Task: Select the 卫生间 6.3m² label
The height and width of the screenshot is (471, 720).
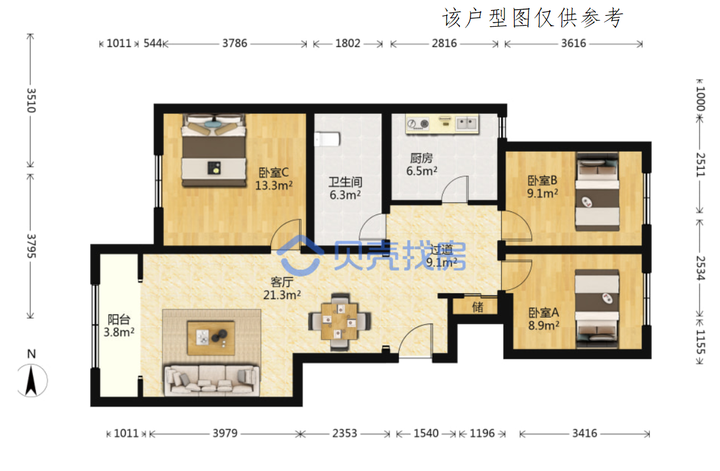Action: pyautogui.click(x=345, y=188)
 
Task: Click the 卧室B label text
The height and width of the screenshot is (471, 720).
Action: pyautogui.click(x=542, y=180)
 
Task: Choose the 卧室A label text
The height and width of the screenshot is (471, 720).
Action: pyautogui.click(x=543, y=313)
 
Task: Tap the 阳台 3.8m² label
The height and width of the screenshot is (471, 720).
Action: pyautogui.click(x=119, y=326)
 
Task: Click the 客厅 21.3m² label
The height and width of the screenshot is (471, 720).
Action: pyautogui.click(x=282, y=289)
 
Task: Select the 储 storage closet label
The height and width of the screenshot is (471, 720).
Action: pyautogui.click(x=478, y=306)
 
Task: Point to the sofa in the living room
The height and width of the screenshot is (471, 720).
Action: pyautogui.click(x=212, y=380)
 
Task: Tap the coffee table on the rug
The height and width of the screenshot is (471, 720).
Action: pyautogui.click(x=211, y=338)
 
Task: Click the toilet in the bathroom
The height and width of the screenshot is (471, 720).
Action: pyautogui.click(x=327, y=139)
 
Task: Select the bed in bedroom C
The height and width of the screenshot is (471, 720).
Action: pyautogui.click(x=214, y=151)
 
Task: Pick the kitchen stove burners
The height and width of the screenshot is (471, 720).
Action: pyautogui.click(x=418, y=124)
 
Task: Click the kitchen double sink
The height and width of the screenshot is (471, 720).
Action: pyautogui.click(x=465, y=123)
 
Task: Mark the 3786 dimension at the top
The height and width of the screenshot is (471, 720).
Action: pyautogui.click(x=235, y=44)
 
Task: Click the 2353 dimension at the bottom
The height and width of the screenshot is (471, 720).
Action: pyautogui.click(x=344, y=433)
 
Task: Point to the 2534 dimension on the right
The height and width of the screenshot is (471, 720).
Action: pyautogui.click(x=700, y=268)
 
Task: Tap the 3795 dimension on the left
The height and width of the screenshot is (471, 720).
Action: pyautogui.click(x=31, y=246)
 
